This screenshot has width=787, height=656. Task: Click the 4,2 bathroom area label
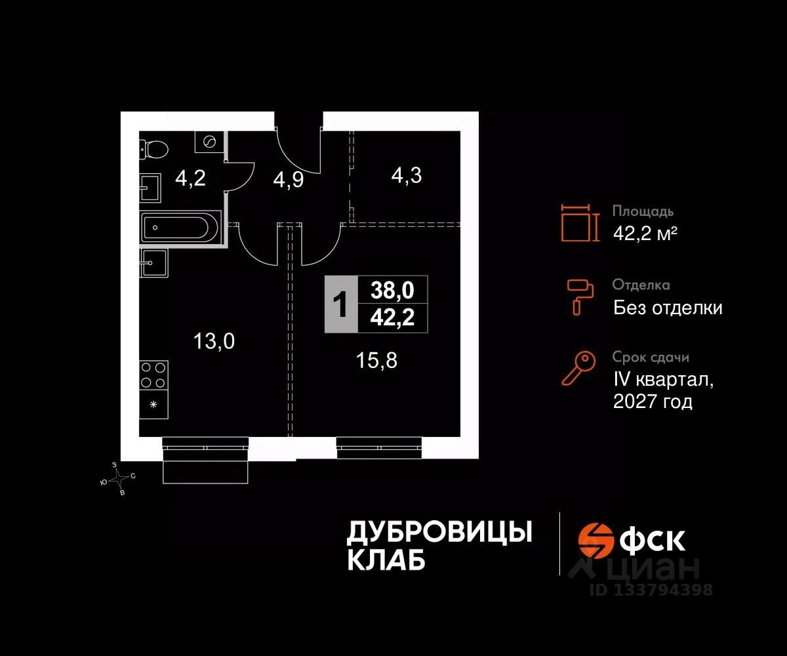pyautogui.click(x=190, y=178)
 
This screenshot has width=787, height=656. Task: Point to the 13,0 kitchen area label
pyautogui.click(x=214, y=340)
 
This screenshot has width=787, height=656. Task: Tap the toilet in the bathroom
pyautogui.click(x=153, y=150)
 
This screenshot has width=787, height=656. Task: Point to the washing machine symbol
pyautogui.click(x=209, y=141)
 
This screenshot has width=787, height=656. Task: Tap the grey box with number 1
pyautogui.click(x=341, y=304)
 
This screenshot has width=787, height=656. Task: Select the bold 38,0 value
pyautogui.click(x=393, y=289)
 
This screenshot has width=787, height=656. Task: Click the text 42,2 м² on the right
pyautogui.click(x=645, y=233)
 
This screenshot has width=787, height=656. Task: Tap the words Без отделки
pyautogui.click(x=668, y=307)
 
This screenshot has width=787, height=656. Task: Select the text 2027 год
pyautogui.click(x=653, y=401)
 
